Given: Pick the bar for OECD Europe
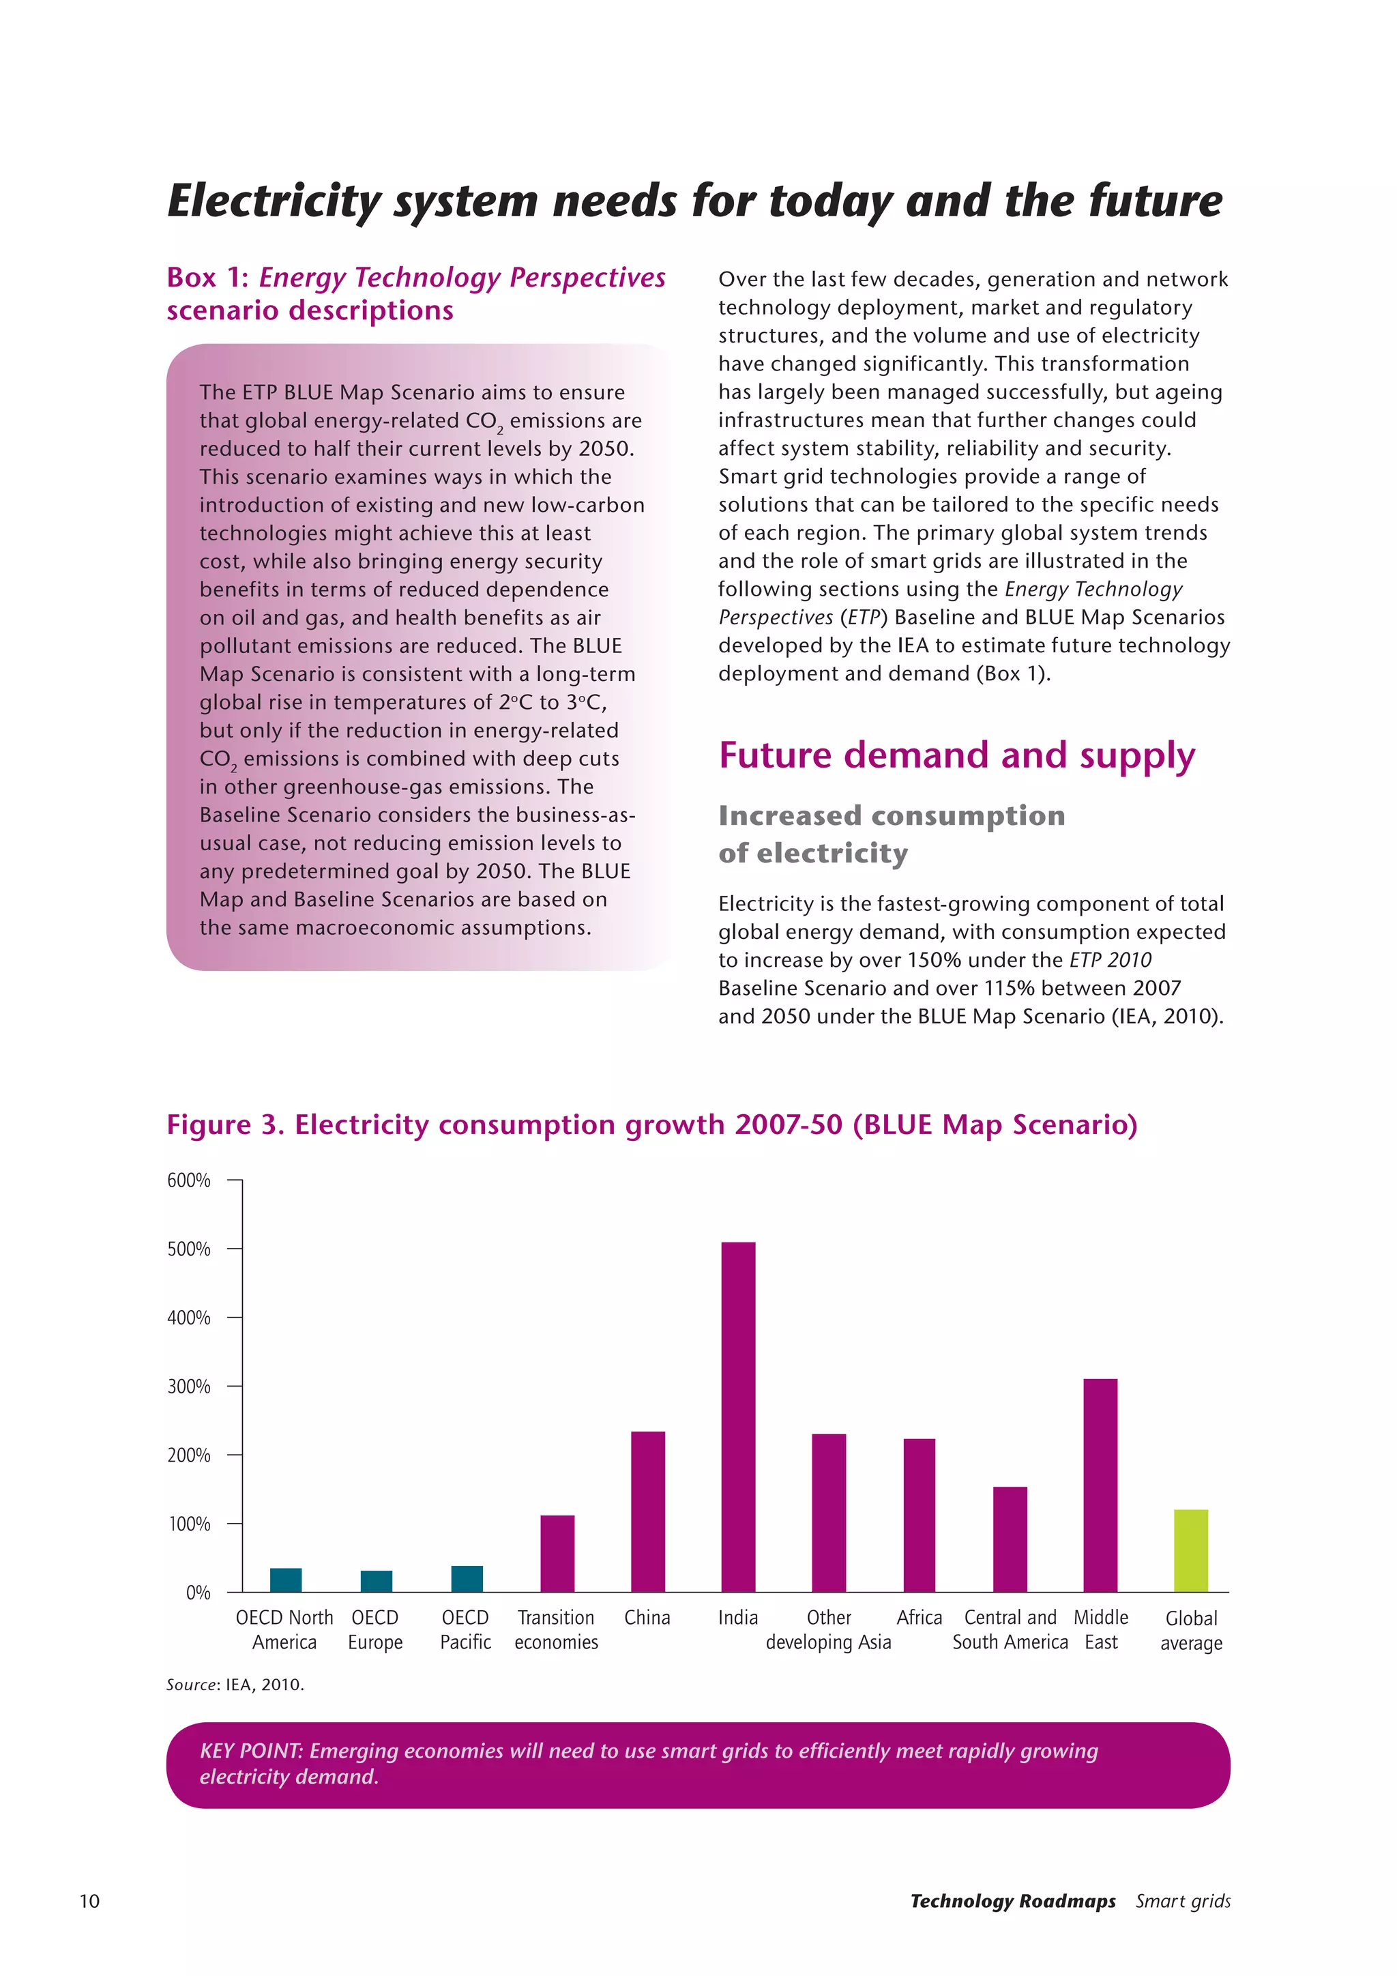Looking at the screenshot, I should [x=376, y=1581].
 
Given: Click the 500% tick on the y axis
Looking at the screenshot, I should [x=188, y=1249].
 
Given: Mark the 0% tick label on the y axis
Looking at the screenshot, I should [x=198, y=1593].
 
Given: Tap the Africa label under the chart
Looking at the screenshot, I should [x=919, y=1618].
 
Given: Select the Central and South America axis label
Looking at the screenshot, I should [x=1010, y=1630].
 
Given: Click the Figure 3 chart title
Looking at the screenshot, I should [x=651, y=1125].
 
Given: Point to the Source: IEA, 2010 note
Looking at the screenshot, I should [x=235, y=1684].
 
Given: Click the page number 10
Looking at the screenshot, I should [x=89, y=1901].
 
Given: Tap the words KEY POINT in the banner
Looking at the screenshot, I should [x=250, y=1751].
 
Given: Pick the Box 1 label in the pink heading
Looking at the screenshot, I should [x=207, y=278].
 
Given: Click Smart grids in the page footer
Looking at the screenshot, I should [x=1182, y=1901].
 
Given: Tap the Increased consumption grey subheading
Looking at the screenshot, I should [x=891, y=816].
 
